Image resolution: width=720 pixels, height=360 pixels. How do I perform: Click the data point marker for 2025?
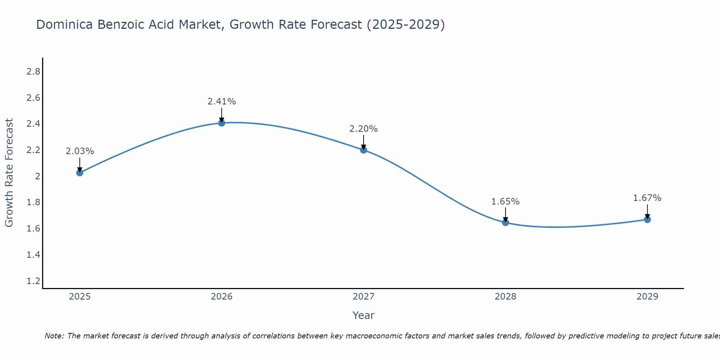pyautogui.click(x=80, y=172)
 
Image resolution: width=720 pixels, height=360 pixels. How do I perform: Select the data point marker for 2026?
pyautogui.click(x=221, y=123)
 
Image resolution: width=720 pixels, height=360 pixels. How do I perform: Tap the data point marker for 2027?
pyautogui.click(x=364, y=150)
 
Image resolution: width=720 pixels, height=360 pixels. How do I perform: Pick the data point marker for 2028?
pyautogui.click(x=505, y=222)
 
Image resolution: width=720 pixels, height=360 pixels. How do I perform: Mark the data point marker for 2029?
pyautogui.click(x=647, y=219)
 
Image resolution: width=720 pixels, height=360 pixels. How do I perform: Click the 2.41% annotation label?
pyautogui.click(x=221, y=102)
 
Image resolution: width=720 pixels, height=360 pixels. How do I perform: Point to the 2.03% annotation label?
pyautogui.click(x=80, y=151)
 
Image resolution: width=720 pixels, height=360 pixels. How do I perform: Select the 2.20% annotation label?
pyautogui.click(x=364, y=129)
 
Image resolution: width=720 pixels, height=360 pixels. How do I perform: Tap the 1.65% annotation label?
pyautogui.click(x=505, y=202)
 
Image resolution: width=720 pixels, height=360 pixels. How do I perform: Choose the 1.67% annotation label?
pyautogui.click(x=647, y=198)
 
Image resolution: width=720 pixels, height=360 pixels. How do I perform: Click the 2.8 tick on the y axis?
pyautogui.click(x=33, y=72)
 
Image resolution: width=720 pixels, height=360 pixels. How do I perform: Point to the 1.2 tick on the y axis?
pyautogui.click(x=33, y=281)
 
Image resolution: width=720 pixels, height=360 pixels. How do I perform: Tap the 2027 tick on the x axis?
pyautogui.click(x=364, y=297)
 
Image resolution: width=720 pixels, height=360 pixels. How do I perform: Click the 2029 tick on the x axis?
pyautogui.click(x=647, y=297)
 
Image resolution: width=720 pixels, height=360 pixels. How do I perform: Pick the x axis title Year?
pyautogui.click(x=364, y=315)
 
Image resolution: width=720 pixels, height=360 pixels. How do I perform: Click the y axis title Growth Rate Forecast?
pyautogui.click(x=9, y=173)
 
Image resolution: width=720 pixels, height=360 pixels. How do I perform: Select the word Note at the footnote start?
pyautogui.click(x=54, y=336)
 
